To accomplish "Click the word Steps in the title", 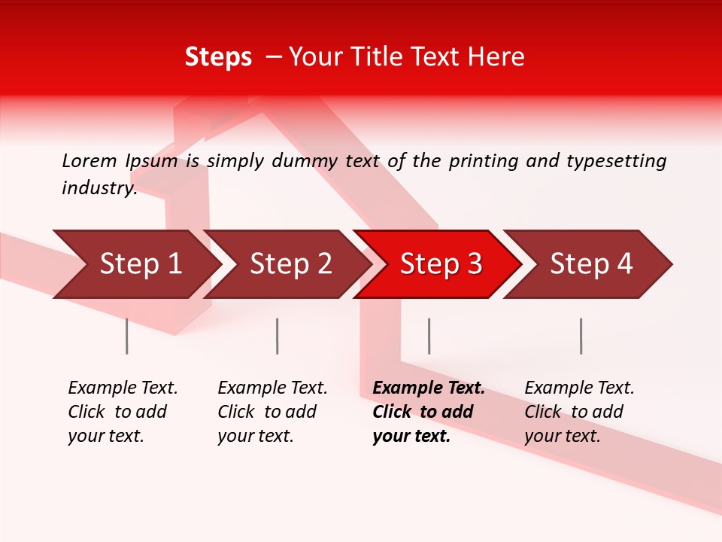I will point(218,57).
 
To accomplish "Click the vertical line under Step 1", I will point(127,336).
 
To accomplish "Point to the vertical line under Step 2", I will point(278,336).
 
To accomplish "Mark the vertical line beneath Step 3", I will point(429,336).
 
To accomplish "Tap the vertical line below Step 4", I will point(581,336).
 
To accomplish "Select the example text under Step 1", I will point(123,412).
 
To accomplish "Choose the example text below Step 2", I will point(272,412).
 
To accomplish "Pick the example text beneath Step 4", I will point(579,412).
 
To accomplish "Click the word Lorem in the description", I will point(89,161).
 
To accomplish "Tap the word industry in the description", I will point(99,188).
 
